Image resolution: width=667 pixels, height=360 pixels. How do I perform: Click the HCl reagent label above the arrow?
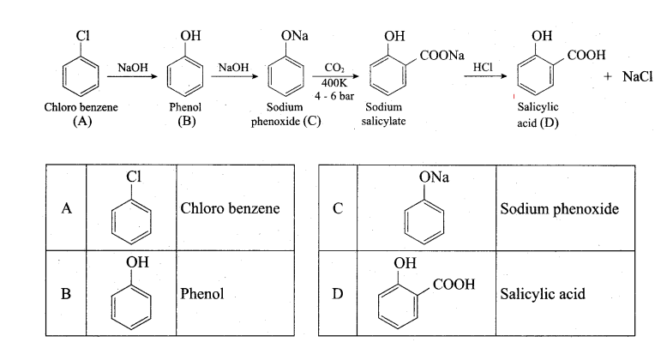pos(483,67)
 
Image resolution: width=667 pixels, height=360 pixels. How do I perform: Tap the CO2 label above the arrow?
pos(334,68)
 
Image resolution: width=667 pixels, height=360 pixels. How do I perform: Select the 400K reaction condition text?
pos(333,83)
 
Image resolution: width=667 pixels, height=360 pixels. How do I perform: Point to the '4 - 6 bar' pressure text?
pos(334,96)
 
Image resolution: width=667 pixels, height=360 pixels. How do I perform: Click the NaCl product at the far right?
pos(637,76)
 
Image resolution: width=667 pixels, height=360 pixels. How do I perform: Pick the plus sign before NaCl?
pos(608,76)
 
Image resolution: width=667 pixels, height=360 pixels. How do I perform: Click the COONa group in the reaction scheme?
pos(442,56)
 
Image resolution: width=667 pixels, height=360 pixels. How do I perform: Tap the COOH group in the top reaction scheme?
pos(586,55)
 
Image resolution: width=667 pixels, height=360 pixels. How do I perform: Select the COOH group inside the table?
pos(454,285)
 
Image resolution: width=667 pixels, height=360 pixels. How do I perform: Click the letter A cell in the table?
pos(66,208)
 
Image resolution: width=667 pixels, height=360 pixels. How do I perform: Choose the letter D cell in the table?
pos(337,294)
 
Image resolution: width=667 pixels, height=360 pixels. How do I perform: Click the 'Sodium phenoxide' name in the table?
pos(559,209)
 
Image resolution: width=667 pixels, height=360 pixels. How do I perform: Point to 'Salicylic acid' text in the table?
pos(543,294)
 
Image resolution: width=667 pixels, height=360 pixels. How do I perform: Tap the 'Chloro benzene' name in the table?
pos(230,208)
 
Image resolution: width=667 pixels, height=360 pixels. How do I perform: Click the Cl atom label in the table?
pos(134,177)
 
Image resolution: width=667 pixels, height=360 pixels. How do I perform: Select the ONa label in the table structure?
pos(434,177)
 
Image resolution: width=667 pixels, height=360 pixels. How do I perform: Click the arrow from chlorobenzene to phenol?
pos(132,76)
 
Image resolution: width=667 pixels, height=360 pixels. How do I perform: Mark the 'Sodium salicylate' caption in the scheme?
pos(384,114)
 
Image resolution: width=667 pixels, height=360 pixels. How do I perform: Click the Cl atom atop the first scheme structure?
pos(82,36)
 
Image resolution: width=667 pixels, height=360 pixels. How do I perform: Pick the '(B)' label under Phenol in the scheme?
pos(187,121)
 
